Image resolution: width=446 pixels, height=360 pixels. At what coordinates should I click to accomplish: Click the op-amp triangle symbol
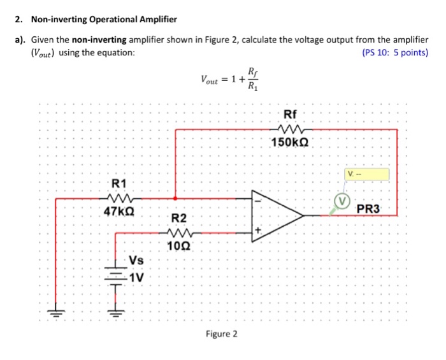(x=277, y=215)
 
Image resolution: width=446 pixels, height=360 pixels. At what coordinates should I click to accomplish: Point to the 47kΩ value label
(x=120, y=210)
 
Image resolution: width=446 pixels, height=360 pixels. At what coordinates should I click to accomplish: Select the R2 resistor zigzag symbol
(x=180, y=233)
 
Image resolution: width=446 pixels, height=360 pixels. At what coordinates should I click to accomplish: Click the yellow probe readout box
(x=367, y=175)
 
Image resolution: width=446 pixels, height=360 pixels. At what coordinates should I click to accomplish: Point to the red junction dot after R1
(x=175, y=198)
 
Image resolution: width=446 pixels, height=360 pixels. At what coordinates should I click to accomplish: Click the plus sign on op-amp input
(x=259, y=231)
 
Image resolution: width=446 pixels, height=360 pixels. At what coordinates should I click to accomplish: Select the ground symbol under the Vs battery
(x=115, y=313)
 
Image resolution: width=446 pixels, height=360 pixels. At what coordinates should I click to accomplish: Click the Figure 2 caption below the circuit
(x=221, y=334)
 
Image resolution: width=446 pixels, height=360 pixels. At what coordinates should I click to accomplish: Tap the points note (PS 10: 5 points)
(x=394, y=53)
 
